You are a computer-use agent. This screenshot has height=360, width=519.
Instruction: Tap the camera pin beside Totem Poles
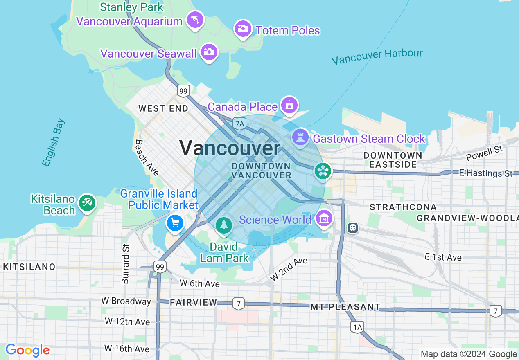[x=243, y=28]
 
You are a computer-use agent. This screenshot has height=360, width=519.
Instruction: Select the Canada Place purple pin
[x=289, y=106]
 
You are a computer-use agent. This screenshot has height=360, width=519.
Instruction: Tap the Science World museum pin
[x=325, y=219]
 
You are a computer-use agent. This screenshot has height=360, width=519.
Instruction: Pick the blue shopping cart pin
[x=175, y=223]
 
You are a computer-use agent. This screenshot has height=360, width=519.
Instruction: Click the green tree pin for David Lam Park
[x=223, y=225]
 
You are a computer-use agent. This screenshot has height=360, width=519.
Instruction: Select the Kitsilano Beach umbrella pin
[x=87, y=202]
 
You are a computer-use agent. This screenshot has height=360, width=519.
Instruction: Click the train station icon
[x=352, y=227]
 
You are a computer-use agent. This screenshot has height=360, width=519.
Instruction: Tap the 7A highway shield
[x=239, y=124]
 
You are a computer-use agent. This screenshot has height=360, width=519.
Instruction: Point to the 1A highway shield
[x=357, y=327]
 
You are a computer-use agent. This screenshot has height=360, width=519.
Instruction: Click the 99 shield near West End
[x=183, y=91]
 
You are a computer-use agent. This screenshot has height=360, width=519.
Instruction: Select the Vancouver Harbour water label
[x=377, y=56]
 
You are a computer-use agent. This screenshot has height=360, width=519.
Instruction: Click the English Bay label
[x=53, y=142]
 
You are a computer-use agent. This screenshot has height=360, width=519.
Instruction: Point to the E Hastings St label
[x=486, y=173]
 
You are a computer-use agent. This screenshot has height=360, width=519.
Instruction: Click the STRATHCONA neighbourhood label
[x=403, y=207]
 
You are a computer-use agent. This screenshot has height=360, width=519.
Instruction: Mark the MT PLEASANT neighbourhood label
[x=345, y=307]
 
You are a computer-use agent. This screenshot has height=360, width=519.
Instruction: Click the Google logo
[x=27, y=351]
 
